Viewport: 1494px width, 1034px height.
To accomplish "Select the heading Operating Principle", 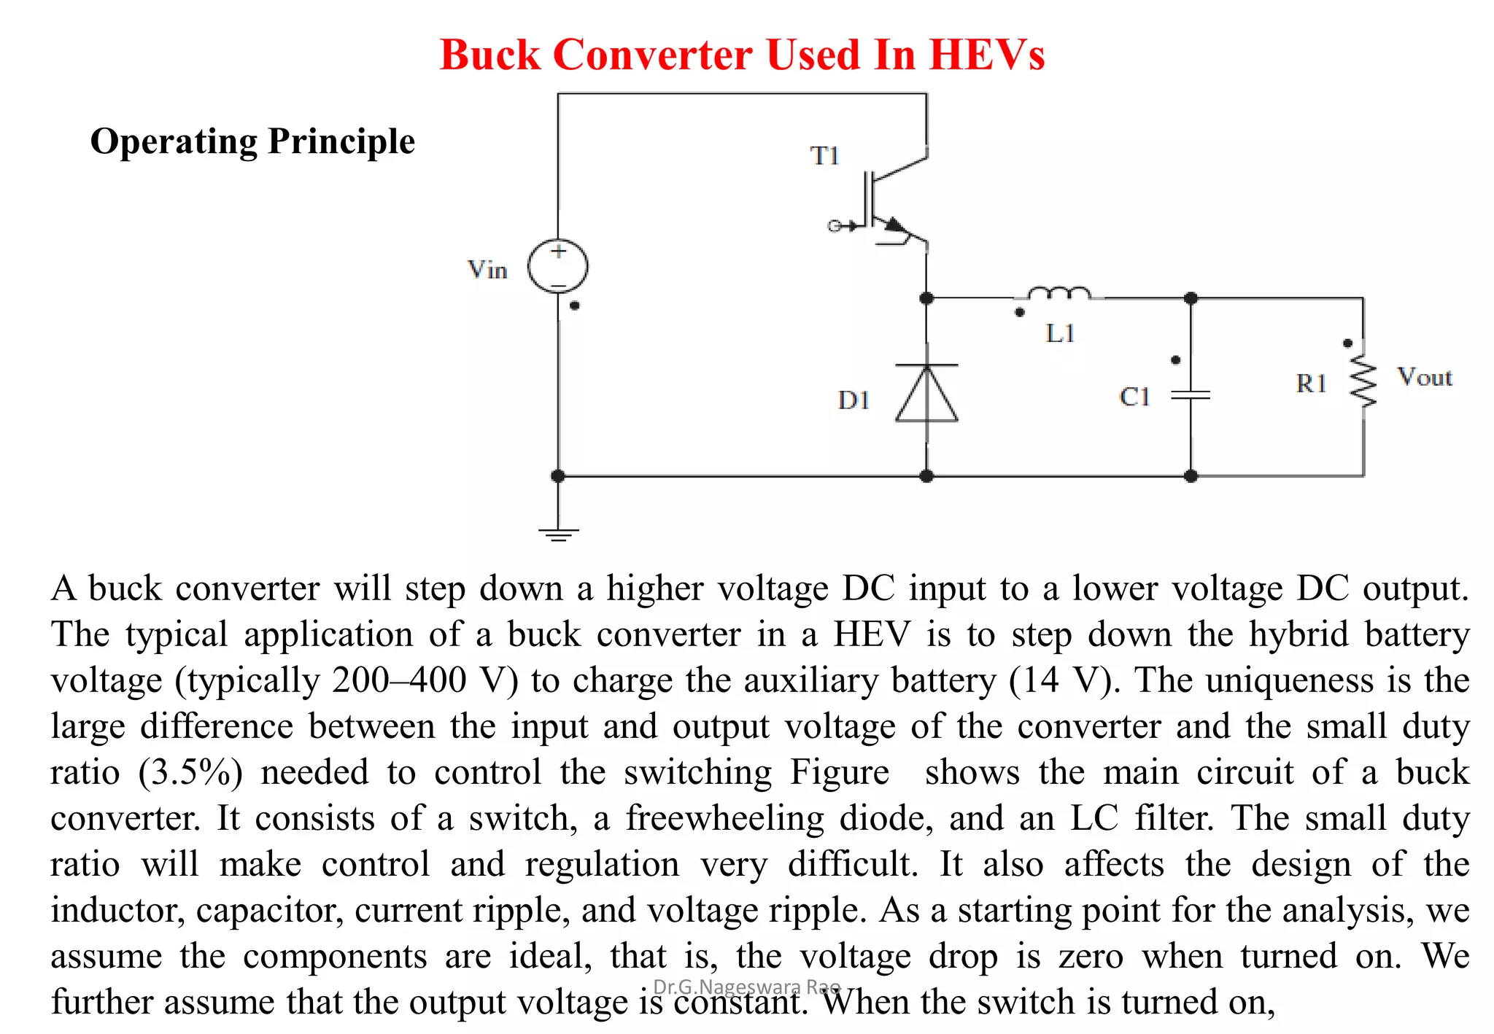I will coord(252,141).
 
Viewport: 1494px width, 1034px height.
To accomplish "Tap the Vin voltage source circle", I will coord(558,267).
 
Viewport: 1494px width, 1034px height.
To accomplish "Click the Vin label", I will coord(487,271).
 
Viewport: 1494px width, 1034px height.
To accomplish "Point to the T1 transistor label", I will coord(825,156).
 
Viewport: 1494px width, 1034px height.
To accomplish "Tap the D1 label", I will coord(854,400).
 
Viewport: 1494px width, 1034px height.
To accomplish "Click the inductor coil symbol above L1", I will coord(1058,294).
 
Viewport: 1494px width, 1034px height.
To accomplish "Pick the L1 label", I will coord(1060,334).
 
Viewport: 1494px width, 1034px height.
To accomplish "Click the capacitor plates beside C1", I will coord(1191,395).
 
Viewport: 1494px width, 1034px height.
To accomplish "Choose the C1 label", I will coord(1134,397).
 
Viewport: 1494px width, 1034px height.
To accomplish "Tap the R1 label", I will coord(1310,384).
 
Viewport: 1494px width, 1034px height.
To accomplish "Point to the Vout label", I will coord(1424,378).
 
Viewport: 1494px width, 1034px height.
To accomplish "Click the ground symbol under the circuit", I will coord(558,535).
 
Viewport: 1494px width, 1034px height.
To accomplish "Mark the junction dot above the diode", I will coord(926,298).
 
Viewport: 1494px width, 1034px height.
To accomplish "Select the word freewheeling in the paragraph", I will coord(724,819).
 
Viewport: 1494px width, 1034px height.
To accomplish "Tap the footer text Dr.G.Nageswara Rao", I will coord(747,987).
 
